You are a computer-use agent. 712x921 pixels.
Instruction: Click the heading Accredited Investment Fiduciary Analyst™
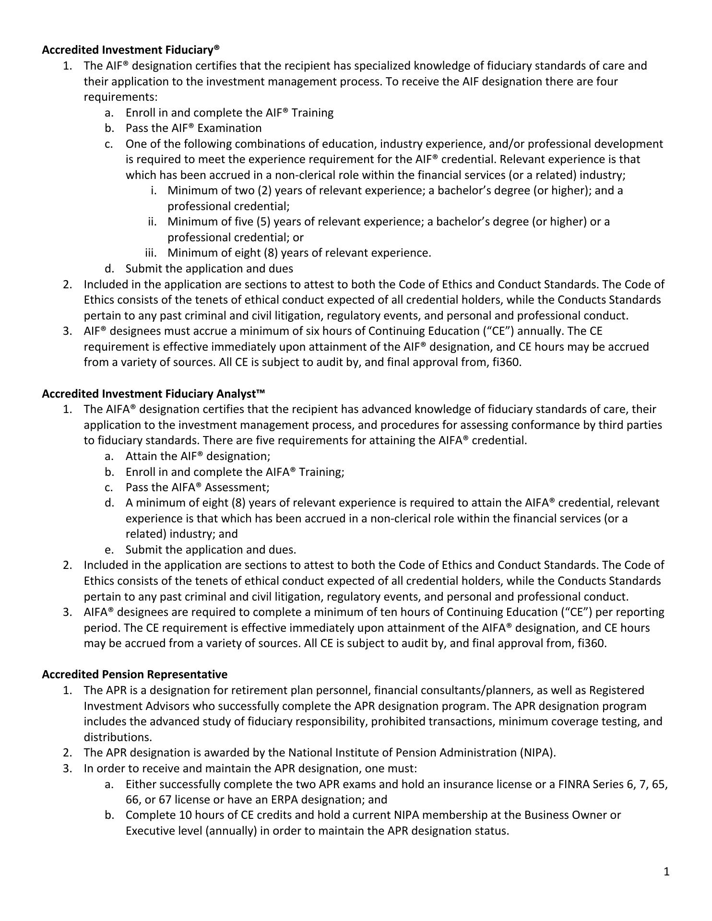click(x=154, y=394)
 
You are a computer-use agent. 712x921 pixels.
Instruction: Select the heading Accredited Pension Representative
click(x=135, y=674)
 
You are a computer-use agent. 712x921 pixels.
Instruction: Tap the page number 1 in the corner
click(x=666, y=872)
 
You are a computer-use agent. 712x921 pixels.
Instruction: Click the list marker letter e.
click(x=109, y=549)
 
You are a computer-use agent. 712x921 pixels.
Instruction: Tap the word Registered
click(x=617, y=690)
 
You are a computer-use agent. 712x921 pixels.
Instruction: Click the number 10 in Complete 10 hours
click(x=186, y=815)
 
